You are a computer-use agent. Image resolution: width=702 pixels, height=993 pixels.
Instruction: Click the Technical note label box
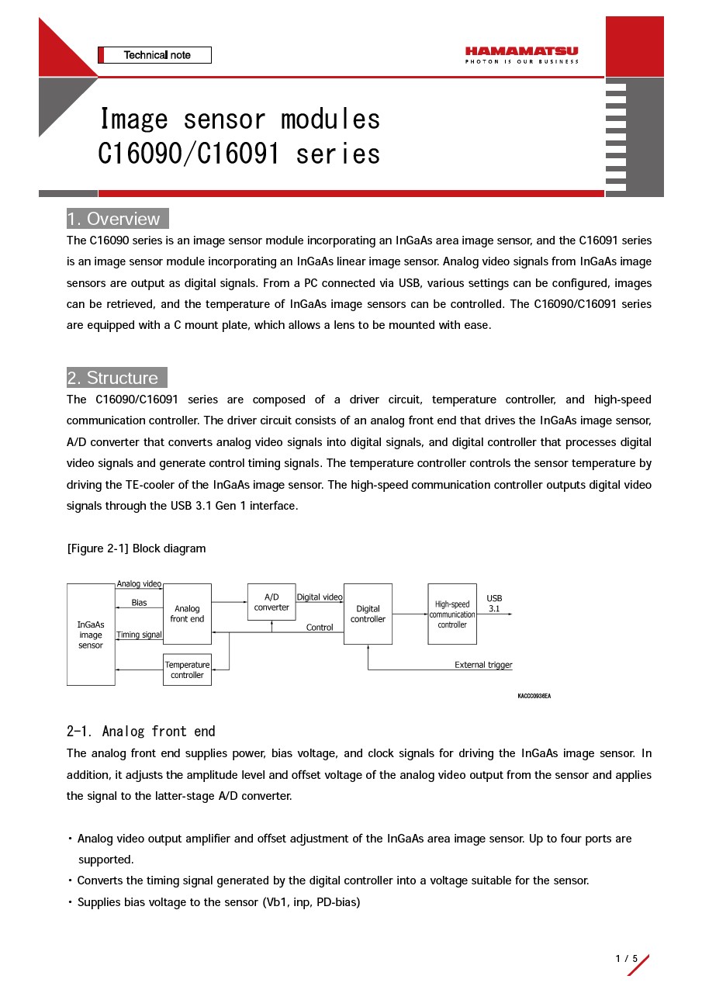click(155, 55)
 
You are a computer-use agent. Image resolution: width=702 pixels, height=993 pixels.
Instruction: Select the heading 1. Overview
click(117, 219)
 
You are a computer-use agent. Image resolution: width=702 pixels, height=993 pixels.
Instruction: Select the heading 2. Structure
click(116, 378)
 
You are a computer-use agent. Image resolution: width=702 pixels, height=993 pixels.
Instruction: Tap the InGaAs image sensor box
click(91, 635)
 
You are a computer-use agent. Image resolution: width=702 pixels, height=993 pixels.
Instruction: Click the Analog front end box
click(187, 614)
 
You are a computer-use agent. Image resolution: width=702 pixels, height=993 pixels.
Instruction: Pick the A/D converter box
click(271, 602)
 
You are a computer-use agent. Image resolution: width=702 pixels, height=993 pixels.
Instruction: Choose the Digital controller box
click(368, 614)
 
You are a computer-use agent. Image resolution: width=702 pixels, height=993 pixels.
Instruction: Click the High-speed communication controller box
click(452, 614)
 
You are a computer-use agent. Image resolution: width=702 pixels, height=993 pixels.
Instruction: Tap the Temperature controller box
click(187, 669)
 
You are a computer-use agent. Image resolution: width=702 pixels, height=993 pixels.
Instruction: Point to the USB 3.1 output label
click(494, 604)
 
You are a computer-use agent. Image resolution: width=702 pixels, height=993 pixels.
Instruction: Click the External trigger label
click(483, 665)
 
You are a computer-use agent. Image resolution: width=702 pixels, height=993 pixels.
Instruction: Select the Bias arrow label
click(139, 603)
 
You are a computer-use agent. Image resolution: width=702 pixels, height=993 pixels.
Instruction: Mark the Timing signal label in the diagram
click(139, 635)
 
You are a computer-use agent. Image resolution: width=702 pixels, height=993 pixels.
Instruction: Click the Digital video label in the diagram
click(319, 597)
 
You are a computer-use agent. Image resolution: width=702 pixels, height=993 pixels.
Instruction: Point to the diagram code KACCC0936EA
click(534, 696)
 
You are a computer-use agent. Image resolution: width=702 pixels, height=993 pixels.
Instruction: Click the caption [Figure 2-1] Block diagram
click(137, 548)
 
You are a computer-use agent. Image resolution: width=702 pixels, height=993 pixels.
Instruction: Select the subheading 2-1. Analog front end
click(141, 732)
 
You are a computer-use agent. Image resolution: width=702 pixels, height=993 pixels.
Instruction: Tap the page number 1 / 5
click(626, 959)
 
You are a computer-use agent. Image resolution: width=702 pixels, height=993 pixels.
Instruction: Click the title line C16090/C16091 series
click(239, 154)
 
